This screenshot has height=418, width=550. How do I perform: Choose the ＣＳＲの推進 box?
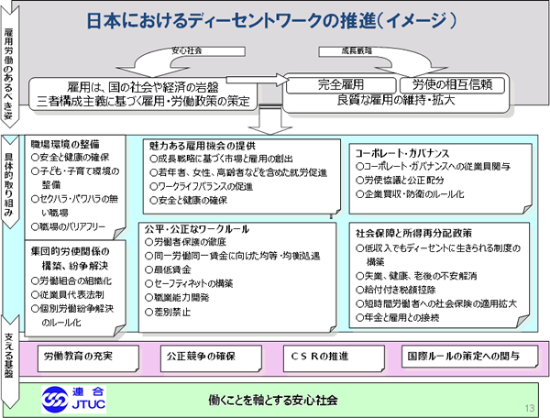coord(324,353)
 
